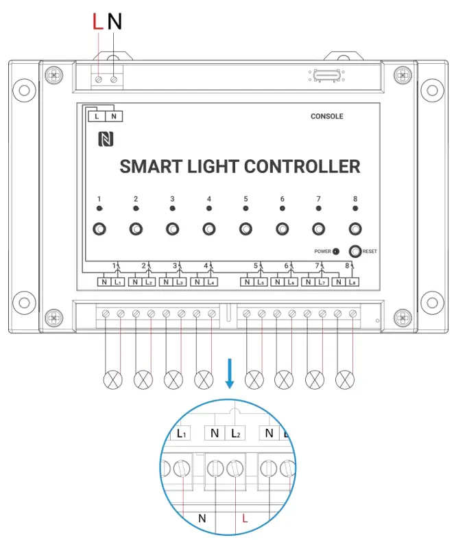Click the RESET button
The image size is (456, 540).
[355, 251]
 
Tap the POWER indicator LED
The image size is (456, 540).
[336, 252]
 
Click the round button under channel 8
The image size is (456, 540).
[355, 229]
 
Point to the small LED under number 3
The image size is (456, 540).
[172, 208]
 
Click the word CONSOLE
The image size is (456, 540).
[326, 117]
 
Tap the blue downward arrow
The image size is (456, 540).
[229, 374]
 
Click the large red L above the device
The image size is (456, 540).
[98, 22]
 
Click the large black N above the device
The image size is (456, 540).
[115, 22]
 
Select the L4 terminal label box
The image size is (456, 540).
[211, 282]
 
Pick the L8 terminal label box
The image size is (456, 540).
[352, 282]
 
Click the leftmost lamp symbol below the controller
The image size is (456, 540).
[112, 378]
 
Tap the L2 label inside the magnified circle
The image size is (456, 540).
[237, 433]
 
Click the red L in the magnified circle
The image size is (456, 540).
[245, 519]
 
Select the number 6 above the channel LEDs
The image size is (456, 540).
[282, 199]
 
